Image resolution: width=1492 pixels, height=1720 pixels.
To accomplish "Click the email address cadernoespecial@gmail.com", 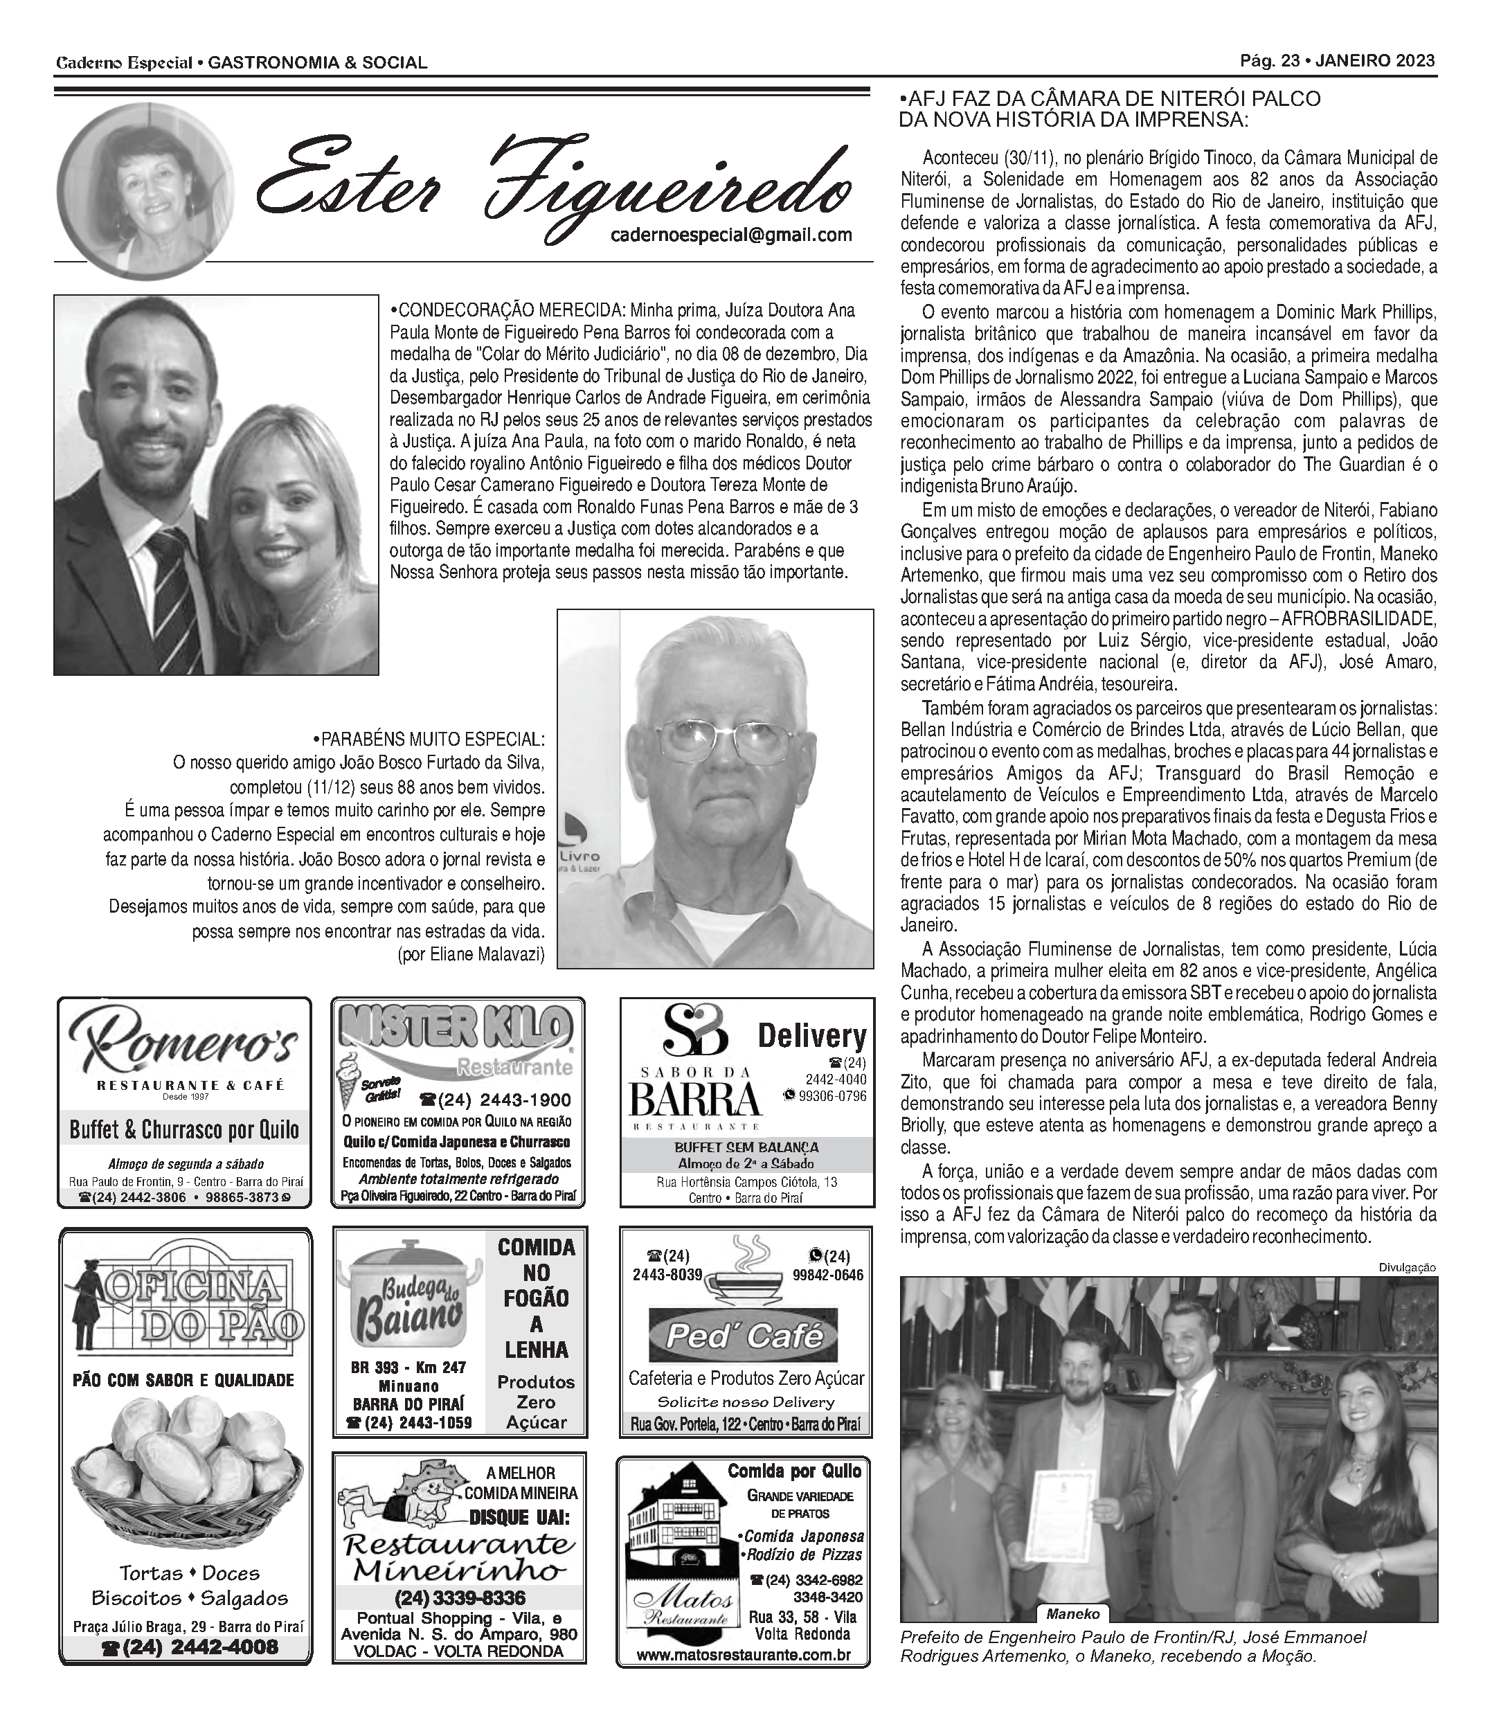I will click(731, 235).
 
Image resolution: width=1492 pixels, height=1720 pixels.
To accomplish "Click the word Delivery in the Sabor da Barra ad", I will click(812, 1037).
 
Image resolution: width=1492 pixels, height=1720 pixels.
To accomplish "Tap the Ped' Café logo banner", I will click(743, 1336).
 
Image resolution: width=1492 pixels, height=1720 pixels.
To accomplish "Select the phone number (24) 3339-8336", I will click(459, 1597).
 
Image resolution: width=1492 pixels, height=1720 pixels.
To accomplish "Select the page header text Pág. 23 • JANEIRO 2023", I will click(1337, 61).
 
